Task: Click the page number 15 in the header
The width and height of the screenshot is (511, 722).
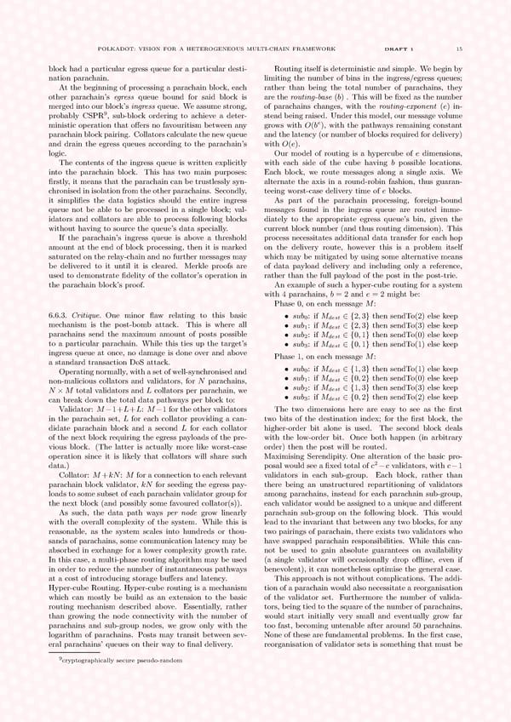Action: tap(459, 49)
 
